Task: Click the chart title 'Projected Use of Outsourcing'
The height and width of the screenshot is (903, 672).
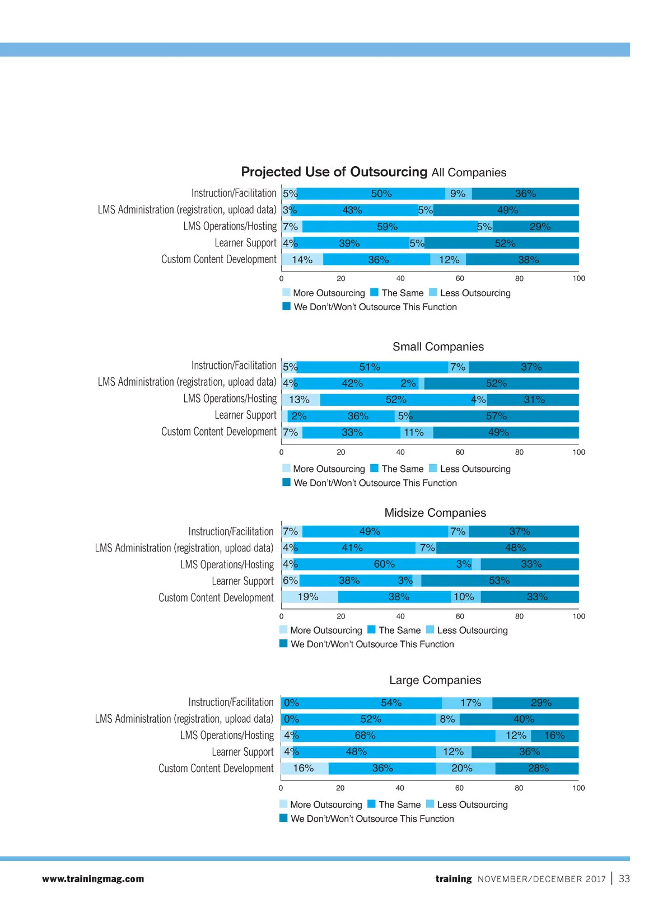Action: (334, 172)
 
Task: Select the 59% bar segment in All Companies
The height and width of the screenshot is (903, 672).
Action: (388, 227)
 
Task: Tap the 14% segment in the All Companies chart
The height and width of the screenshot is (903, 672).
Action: (302, 260)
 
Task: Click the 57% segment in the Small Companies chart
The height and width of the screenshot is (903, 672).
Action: (496, 416)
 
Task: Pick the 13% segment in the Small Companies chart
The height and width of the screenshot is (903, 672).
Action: (300, 400)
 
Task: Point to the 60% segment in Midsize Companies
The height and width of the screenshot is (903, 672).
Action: (384, 564)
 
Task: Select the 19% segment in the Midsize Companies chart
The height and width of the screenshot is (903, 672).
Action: (309, 597)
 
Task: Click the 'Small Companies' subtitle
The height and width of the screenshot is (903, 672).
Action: (438, 347)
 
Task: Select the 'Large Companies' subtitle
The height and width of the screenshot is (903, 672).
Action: (435, 680)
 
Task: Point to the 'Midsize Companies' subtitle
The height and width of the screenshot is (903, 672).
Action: (435, 513)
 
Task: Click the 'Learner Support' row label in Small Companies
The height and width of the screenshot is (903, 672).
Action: (245, 415)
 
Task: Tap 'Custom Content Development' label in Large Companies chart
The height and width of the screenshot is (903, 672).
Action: (216, 769)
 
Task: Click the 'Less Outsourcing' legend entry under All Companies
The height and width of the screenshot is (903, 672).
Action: (475, 293)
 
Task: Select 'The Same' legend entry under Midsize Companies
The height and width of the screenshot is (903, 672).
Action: (399, 630)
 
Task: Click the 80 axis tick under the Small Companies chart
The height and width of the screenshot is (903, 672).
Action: (519, 452)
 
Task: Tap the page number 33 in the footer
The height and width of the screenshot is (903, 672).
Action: (624, 879)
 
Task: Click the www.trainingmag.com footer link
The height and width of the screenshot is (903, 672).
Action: (93, 879)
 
